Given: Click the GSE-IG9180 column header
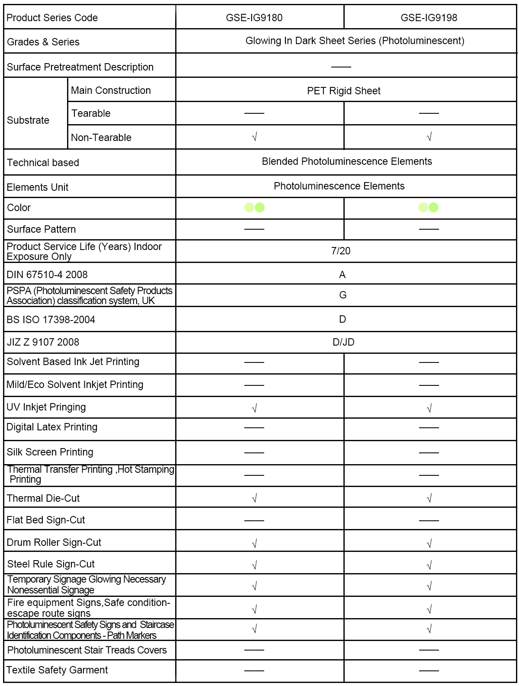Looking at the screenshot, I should tap(254, 18).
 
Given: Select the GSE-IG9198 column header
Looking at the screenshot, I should tap(429, 18).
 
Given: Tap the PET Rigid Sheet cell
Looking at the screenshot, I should tap(343, 91).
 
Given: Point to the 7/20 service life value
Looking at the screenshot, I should tap(341, 251).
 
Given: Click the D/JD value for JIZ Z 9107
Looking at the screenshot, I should tap(343, 342).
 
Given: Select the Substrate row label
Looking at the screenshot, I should tap(28, 120).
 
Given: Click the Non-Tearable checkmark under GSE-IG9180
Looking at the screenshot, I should tap(254, 137).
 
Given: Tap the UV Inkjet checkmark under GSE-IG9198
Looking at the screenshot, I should tap(429, 408).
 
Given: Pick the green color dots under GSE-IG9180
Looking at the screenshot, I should tap(254, 208).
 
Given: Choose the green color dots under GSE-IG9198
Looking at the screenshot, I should tap(428, 208).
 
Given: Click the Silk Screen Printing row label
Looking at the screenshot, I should tap(50, 452).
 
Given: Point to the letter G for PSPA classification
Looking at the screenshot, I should tap(343, 295).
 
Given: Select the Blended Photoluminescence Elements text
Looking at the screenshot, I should tap(347, 161).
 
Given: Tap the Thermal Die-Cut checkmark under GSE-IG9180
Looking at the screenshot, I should tap(254, 498).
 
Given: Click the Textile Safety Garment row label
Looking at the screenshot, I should tap(57, 670).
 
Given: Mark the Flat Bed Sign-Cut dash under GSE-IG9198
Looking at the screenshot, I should tap(429, 520).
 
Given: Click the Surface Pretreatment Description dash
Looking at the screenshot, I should tap(341, 67).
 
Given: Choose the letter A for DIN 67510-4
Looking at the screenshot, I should tap(342, 275).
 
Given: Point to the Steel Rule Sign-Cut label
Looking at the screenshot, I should tap(51, 564).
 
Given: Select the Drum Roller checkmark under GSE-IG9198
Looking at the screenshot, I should tap(429, 543).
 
